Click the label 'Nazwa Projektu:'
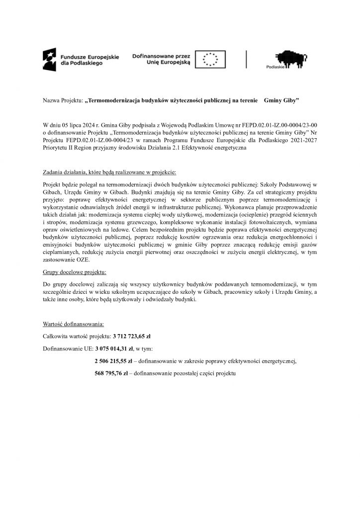62,101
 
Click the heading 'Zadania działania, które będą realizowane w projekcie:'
109,172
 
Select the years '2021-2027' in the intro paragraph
303,141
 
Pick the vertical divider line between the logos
247,59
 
